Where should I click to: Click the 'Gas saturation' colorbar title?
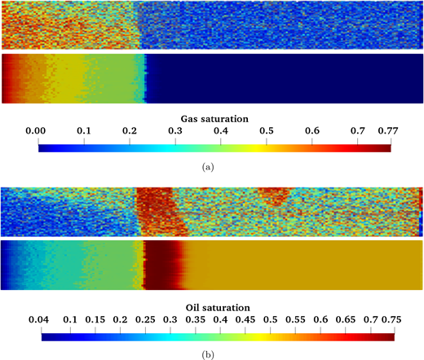tap(214, 118)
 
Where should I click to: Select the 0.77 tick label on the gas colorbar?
tap(382, 130)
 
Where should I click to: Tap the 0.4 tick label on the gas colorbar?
tap(312, 130)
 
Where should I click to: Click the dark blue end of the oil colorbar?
tap(45, 336)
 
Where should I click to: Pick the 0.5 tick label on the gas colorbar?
tap(265, 130)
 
